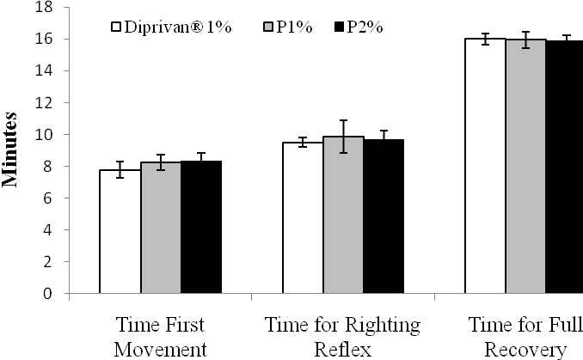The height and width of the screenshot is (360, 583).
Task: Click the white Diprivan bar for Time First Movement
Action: pyautogui.click(x=120, y=232)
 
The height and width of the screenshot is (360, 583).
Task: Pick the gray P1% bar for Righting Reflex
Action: pyautogui.click(x=343, y=215)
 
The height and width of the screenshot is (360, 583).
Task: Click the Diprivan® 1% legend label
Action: pyautogui.click(x=172, y=27)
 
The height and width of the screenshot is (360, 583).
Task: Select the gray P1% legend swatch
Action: pyautogui.click(x=267, y=27)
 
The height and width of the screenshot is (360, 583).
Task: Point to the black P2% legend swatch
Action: pyautogui.click(x=338, y=27)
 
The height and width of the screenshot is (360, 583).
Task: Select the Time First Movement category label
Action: pyautogui.click(x=161, y=336)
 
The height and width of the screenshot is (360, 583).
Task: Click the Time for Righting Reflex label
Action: pyautogui.click(x=343, y=336)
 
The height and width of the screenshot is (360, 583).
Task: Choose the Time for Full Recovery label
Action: pyautogui.click(x=525, y=336)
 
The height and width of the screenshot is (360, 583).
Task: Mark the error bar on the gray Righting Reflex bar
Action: pyautogui.click(x=343, y=136)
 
